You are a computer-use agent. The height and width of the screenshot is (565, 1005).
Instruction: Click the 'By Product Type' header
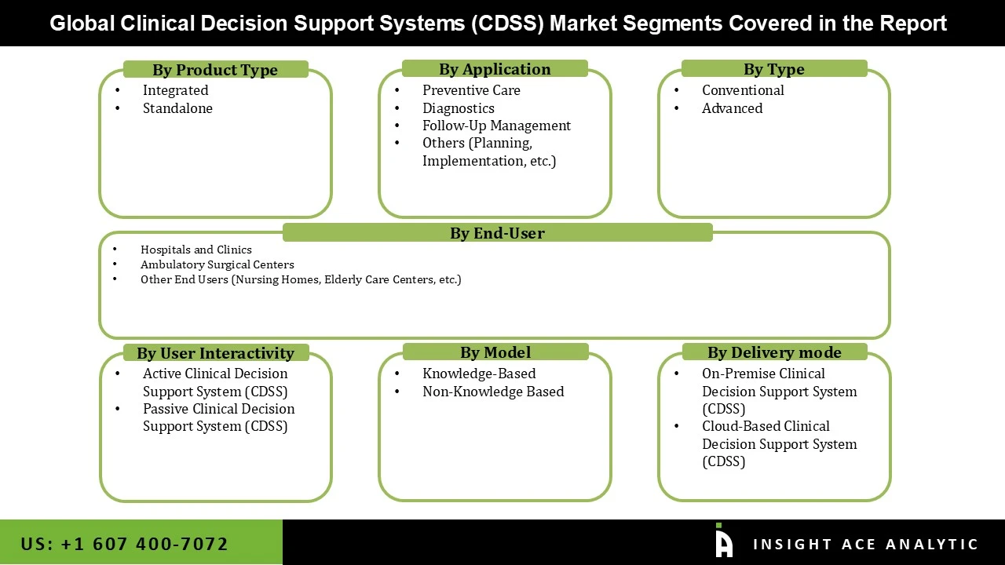click(215, 70)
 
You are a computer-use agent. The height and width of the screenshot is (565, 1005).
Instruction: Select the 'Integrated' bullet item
click(175, 90)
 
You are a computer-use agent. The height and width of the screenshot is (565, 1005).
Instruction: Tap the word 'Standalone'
click(177, 108)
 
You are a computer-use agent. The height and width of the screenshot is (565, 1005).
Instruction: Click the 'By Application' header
click(495, 69)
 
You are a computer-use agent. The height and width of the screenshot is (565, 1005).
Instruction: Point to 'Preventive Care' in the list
click(471, 90)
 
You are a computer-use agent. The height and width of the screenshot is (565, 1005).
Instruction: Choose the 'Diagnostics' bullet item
click(459, 108)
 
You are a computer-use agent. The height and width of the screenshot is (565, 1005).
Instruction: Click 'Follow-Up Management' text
click(496, 126)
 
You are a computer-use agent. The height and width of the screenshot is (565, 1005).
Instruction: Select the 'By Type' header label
click(774, 69)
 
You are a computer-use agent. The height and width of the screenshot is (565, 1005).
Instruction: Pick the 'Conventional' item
click(743, 90)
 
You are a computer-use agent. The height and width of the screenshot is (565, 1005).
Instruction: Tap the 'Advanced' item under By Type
click(732, 108)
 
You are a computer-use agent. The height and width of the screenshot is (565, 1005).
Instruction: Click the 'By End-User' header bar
click(497, 233)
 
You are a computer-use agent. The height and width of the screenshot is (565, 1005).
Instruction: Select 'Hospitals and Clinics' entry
click(196, 250)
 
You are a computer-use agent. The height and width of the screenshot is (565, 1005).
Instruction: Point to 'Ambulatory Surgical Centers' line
click(217, 264)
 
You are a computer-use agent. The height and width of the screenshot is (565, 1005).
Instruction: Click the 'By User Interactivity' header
click(215, 353)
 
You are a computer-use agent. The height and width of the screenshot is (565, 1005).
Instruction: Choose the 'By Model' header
click(495, 352)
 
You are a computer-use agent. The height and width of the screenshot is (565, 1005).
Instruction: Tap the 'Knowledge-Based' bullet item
click(479, 374)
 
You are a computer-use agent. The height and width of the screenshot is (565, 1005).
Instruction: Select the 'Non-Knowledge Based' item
click(493, 392)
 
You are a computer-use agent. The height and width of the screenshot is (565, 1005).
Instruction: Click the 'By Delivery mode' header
click(774, 352)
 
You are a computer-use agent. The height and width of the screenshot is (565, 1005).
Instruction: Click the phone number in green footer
click(124, 544)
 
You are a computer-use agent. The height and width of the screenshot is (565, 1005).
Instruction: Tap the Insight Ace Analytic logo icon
click(723, 541)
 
